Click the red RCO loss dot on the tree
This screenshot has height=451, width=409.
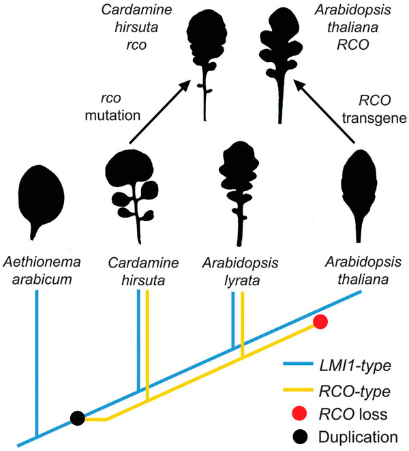(321, 321)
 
